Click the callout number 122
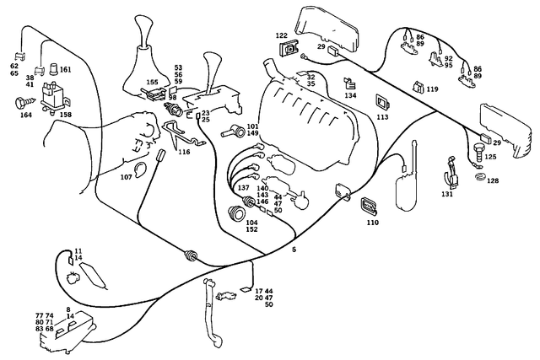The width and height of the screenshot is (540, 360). (x=282, y=35)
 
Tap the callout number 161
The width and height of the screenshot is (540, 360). (x=65, y=70)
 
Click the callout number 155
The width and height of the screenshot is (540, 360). (x=152, y=83)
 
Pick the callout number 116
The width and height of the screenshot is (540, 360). (x=184, y=152)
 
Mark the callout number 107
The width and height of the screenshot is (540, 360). (x=127, y=177)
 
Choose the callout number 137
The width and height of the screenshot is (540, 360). (x=243, y=187)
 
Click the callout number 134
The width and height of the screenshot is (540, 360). (x=350, y=96)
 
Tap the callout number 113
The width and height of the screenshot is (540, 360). (x=382, y=118)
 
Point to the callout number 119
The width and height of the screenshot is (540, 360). (x=432, y=89)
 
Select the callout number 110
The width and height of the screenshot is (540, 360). (x=372, y=223)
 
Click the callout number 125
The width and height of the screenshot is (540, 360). (x=490, y=157)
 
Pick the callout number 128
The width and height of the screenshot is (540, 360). (x=493, y=180)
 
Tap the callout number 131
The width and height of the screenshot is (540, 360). (x=446, y=194)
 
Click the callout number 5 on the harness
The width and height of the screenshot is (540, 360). (x=294, y=250)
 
